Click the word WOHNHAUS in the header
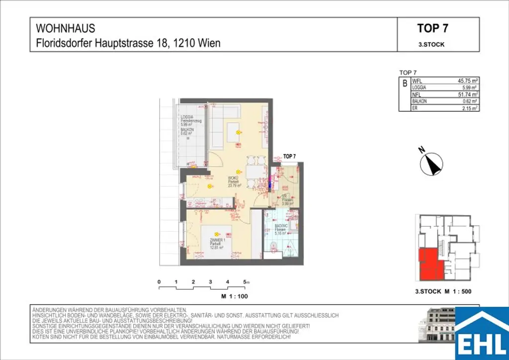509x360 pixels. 66,29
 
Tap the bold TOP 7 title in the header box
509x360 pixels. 432,29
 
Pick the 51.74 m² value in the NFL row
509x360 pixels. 467,94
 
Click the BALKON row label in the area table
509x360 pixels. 420,101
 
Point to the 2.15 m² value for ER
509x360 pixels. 469,107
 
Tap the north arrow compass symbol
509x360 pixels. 431,164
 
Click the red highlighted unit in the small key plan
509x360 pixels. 428,264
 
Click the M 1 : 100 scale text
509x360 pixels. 234,296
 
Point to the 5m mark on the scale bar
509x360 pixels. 246,282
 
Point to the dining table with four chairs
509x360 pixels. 253,172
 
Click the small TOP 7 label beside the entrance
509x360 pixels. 289,156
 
